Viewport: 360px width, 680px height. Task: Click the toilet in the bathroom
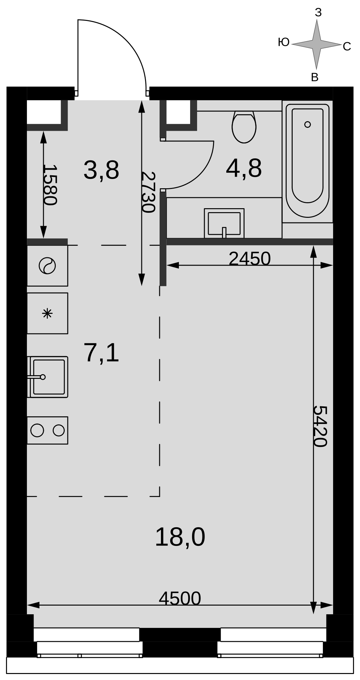point(244,127)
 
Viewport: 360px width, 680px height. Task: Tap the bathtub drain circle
point(308,125)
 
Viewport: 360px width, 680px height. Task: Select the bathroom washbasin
point(224,223)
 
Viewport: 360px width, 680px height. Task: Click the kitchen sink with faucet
point(48,377)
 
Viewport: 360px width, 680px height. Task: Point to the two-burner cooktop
point(47,430)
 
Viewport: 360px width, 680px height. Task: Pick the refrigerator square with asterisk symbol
point(47,313)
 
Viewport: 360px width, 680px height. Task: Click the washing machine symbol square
point(47,266)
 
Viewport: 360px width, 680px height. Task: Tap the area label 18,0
point(180,537)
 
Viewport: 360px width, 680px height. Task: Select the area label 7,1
point(102,353)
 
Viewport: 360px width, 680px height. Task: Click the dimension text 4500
point(180,598)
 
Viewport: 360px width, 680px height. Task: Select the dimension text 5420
point(320,426)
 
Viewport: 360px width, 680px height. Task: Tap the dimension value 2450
point(250,258)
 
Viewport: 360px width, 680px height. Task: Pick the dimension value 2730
point(148,192)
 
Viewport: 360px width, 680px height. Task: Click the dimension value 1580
point(50,185)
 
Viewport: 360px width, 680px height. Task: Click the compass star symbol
point(317,44)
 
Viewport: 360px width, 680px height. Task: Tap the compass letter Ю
point(284,42)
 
